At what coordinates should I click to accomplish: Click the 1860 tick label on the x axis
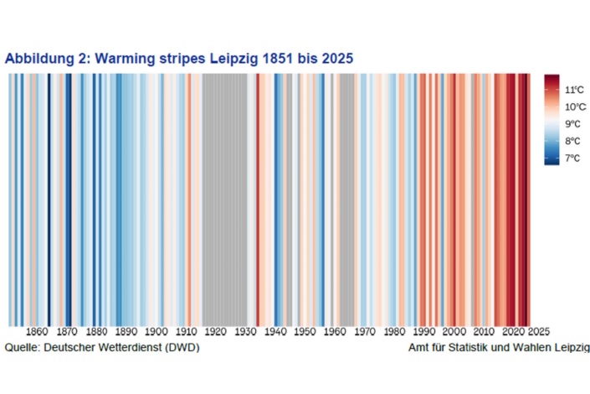pos(38,332)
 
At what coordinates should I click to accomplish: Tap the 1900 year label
pos(156,332)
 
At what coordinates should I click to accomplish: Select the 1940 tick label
pos(275,332)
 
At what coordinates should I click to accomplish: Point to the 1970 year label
pos(365,332)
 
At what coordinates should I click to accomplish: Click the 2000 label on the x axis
pos(454,332)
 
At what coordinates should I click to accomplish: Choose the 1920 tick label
pos(216,332)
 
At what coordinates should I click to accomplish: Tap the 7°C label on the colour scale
pos(572,158)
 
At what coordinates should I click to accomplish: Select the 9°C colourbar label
pos(572,124)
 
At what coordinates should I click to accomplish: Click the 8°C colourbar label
pos(572,141)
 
